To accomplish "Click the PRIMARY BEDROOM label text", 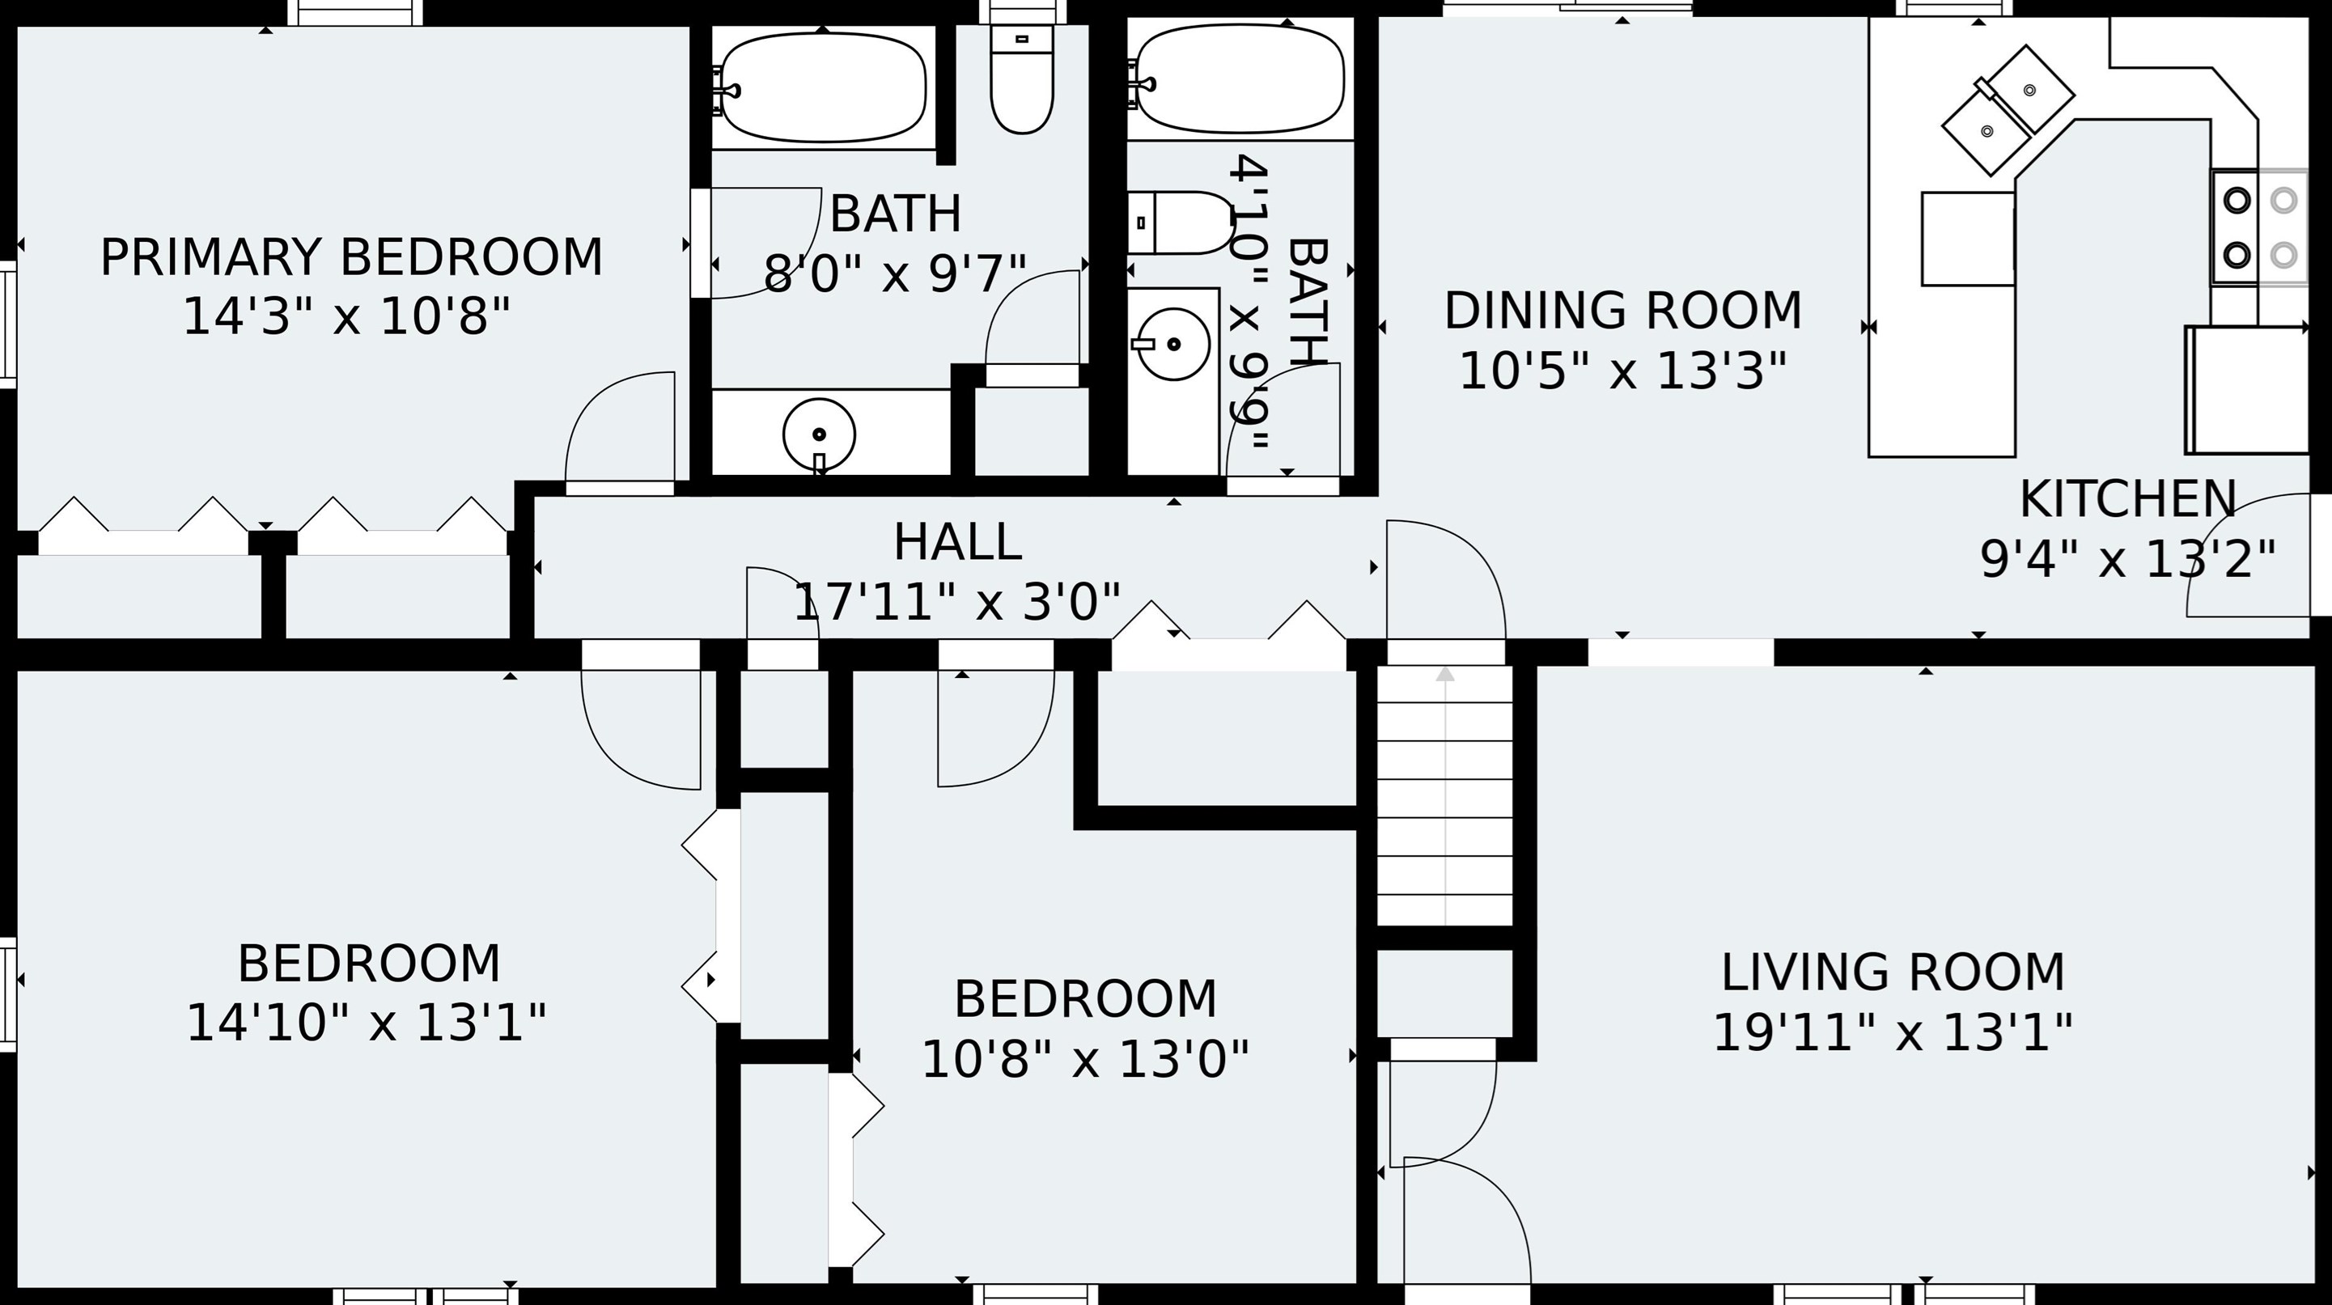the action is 351,258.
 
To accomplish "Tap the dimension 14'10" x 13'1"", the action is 367,1023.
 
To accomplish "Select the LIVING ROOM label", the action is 1893,972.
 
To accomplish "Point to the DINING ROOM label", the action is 1623,311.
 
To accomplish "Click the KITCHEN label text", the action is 2127,499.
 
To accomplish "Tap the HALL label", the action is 958,543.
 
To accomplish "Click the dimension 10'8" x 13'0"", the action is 1085,1059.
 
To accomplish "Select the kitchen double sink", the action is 2008,110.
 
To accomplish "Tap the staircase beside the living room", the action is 1445,795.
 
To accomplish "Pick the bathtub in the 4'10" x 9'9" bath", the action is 1240,78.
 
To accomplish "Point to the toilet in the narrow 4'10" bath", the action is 1181,222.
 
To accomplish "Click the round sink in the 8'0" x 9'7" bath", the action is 820,435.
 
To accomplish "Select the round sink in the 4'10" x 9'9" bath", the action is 1172,344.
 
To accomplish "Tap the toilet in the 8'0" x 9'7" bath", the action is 1022,79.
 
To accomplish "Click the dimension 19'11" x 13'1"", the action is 1893,1032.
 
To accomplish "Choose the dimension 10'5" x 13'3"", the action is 1623,371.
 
